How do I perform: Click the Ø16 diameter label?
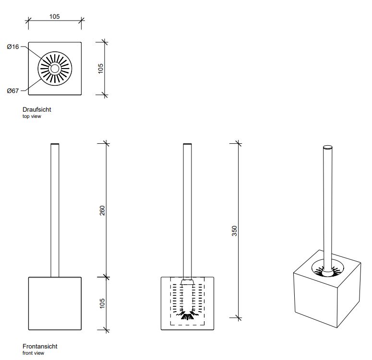pyautogui.click(x=13, y=46)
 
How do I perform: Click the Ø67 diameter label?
pyautogui.click(x=13, y=91)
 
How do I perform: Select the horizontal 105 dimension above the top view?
pyautogui.click(x=54, y=16)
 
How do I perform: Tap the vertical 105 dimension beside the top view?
pyautogui.click(x=101, y=69)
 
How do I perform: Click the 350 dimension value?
pyautogui.click(x=235, y=231)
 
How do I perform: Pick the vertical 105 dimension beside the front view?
pyautogui.click(x=102, y=303)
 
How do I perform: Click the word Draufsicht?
pyautogui.click(x=36, y=110)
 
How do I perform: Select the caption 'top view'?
pyautogui.click(x=32, y=116)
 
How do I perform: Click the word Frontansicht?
pyautogui.click(x=40, y=346)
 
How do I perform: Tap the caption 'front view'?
pyautogui.click(x=33, y=353)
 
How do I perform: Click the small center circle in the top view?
pyautogui.click(x=54, y=69)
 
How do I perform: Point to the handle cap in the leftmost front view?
pyautogui.click(x=55, y=144)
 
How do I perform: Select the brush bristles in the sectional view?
pyautogui.click(x=187, y=314)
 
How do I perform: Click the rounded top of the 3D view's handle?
pyautogui.click(x=328, y=147)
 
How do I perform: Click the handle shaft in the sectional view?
pyautogui.click(x=188, y=211)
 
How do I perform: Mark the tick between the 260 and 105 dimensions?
pyautogui.click(x=106, y=277)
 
